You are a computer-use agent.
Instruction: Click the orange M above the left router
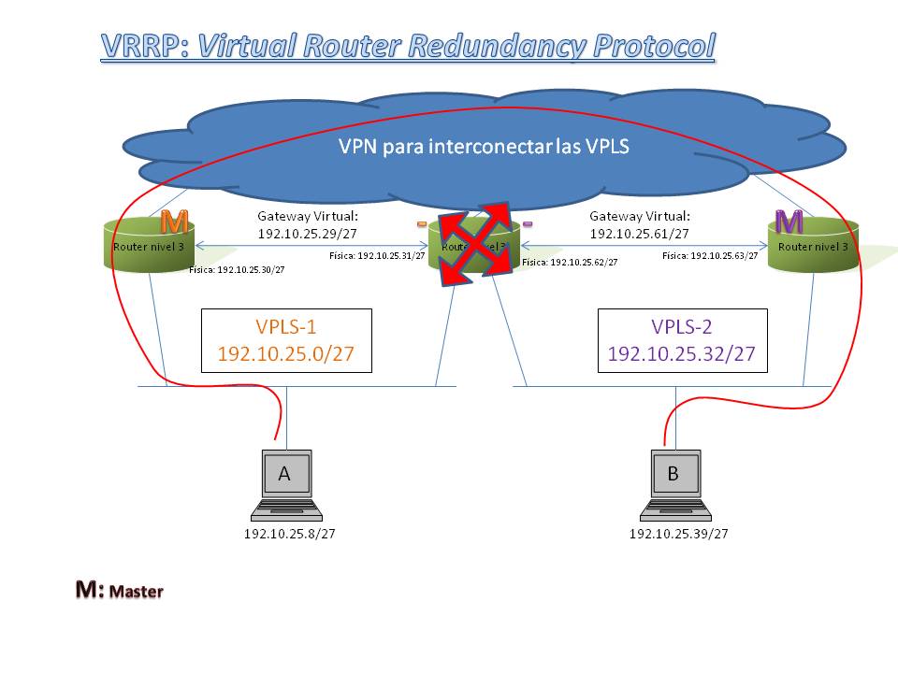coord(174,222)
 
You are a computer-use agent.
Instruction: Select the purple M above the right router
coord(789,222)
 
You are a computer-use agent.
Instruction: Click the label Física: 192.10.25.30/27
coord(237,269)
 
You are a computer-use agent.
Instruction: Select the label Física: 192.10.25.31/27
coord(378,254)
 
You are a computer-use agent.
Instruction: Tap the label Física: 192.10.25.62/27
coord(570,263)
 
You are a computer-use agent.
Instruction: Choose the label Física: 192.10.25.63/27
coord(710,254)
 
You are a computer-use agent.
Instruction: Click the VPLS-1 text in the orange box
coord(286,327)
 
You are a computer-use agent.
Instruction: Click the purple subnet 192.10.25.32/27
coord(681,354)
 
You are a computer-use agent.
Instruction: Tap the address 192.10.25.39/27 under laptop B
coord(678,535)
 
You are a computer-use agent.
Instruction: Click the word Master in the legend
coord(137,592)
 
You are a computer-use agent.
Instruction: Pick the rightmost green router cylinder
coord(813,247)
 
